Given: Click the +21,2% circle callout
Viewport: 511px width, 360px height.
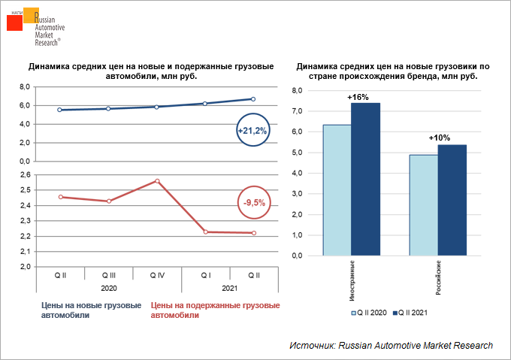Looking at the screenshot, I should pyautogui.click(x=252, y=131).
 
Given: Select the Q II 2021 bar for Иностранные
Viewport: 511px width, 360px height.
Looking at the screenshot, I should pyautogui.click(x=365, y=179).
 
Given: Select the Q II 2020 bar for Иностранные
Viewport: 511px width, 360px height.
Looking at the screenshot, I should pyautogui.click(x=337, y=190).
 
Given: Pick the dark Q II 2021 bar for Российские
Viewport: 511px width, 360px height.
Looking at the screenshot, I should pyautogui.click(x=452, y=200).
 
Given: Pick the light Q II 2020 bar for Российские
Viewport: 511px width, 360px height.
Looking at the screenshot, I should pyautogui.click(x=424, y=205).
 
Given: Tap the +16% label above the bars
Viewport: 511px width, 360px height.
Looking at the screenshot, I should pyautogui.click(x=358, y=97).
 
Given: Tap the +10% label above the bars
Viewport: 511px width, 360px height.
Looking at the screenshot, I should pyautogui.click(x=439, y=138).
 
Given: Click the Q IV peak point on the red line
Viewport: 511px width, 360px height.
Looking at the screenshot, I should pyautogui.click(x=156, y=181).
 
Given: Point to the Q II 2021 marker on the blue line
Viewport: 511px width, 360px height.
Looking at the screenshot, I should pyautogui.click(x=253, y=99).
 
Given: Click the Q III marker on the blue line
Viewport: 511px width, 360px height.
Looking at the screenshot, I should pyautogui.click(x=108, y=109).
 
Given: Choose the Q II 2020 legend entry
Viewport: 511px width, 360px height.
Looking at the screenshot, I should pyautogui.click(x=371, y=311).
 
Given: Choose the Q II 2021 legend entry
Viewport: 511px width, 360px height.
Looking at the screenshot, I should pyautogui.click(x=416, y=311).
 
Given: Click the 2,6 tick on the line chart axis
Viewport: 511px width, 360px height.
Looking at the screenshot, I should pyautogui.click(x=24, y=175).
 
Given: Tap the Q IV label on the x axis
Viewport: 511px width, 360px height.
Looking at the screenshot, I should pyautogui.click(x=156, y=276).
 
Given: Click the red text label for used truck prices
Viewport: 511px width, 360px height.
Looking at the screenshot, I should pyautogui.click(x=215, y=310).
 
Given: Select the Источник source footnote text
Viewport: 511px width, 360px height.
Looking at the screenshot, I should pyautogui.click(x=391, y=345).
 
